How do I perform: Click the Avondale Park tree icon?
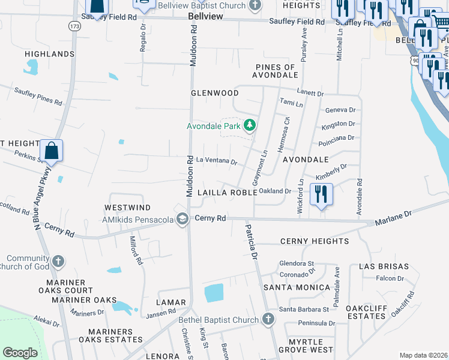pyautogui.click(x=250, y=125)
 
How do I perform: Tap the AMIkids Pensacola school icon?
pyautogui.click(x=182, y=219)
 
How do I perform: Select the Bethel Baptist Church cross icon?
pyautogui.click(x=268, y=319)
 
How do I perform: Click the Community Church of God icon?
pyautogui.click(x=58, y=261)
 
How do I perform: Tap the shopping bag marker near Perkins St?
pyautogui.click(x=52, y=151)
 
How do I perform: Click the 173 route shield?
pyautogui.click(x=74, y=26)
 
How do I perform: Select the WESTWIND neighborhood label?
pyautogui.click(x=128, y=207)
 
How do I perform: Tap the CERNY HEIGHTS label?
pyautogui.click(x=315, y=241)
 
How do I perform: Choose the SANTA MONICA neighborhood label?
pyautogui.click(x=297, y=287)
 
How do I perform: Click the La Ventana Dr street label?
pyautogui.click(x=217, y=161)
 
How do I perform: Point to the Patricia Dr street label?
pyautogui.click(x=250, y=241)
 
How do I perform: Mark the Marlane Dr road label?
pyautogui.click(x=394, y=214)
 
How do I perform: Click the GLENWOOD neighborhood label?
pyautogui.click(x=214, y=93)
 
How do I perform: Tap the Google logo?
pyautogui.click(x=20, y=353)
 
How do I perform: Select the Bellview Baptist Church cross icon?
pyautogui.click(x=255, y=5)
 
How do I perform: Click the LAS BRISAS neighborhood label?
pyautogui.click(x=384, y=266)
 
